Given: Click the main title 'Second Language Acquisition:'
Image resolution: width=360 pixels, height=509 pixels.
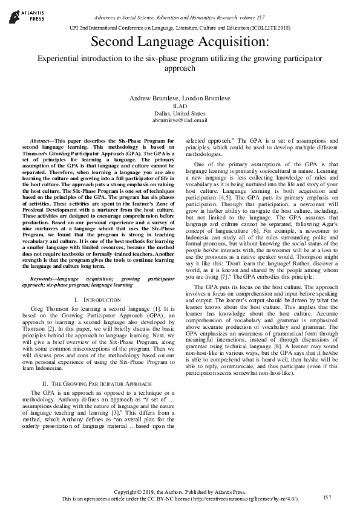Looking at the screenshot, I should (180, 42).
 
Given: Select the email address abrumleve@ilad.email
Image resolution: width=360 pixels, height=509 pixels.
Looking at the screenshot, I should (180, 120).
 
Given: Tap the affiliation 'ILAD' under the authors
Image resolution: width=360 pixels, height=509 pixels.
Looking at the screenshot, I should (180, 106).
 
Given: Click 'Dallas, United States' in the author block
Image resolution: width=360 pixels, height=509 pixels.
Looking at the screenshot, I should (180, 113).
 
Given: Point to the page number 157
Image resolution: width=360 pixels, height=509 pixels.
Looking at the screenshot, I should (328, 497).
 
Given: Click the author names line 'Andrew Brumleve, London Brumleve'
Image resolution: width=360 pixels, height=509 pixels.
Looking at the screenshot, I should (180, 98).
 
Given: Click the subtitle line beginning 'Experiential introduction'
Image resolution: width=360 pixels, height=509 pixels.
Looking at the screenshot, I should (180, 62).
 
